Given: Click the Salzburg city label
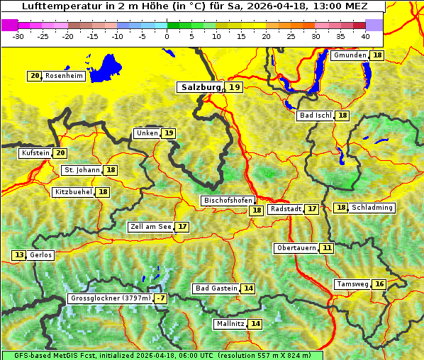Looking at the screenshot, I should (199, 87).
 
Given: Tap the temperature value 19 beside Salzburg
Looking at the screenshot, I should (235, 87).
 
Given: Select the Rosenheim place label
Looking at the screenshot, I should (64, 76).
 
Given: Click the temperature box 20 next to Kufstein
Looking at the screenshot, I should (60, 153).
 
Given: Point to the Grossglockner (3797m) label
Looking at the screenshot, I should (111, 299).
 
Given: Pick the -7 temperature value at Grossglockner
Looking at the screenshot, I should (161, 299).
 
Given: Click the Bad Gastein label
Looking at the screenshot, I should (216, 288).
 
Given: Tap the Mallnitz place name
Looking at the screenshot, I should (230, 324).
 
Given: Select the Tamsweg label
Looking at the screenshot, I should (352, 284).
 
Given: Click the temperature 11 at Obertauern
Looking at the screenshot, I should (326, 248).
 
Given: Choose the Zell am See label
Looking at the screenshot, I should (150, 227).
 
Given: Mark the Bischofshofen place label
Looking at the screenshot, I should (227, 201).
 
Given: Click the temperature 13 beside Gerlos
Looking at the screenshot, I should (19, 255).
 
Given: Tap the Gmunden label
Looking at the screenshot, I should (350, 55).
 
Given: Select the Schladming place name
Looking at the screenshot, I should (372, 208).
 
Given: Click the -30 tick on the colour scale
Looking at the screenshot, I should (18, 35).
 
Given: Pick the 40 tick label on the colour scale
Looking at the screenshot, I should (365, 35).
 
